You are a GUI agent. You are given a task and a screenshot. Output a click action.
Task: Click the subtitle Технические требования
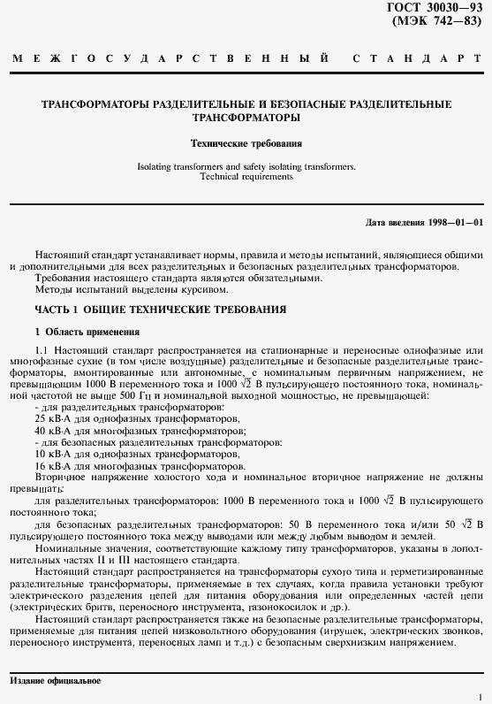247,142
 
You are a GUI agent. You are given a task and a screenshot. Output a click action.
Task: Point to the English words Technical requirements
246,177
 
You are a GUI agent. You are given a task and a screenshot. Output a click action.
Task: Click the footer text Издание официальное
55,681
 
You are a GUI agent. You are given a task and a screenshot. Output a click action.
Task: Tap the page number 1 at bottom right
479,696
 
